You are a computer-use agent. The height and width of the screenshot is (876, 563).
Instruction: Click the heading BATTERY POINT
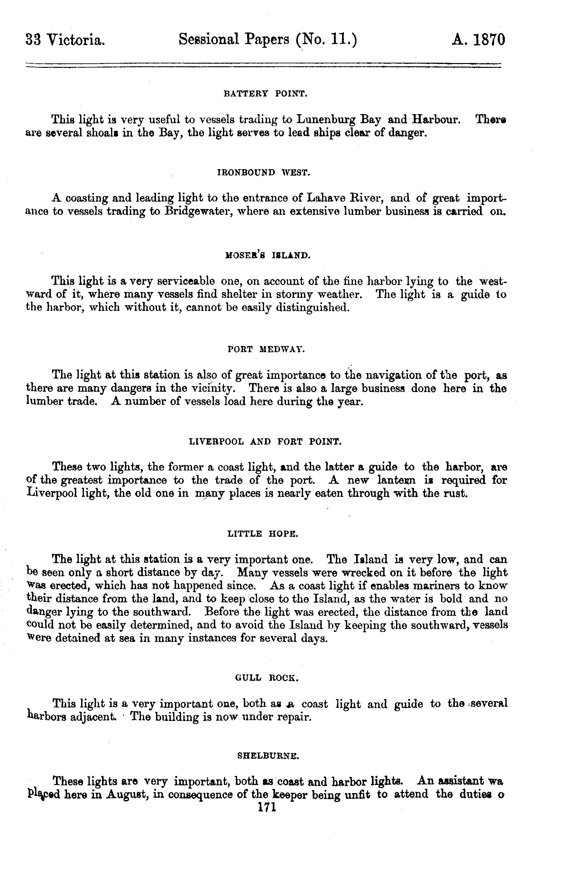click(x=265, y=94)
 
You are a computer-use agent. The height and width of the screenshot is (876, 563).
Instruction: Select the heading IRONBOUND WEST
click(x=263, y=172)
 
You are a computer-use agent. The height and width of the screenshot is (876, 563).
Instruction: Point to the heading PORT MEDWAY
click(x=266, y=349)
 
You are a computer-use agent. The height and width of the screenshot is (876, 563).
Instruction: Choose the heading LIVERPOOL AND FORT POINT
click(x=265, y=442)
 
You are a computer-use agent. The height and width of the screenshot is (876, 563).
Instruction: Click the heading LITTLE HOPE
click(x=263, y=534)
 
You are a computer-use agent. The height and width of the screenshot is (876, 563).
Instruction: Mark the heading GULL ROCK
click(x=267, y=678)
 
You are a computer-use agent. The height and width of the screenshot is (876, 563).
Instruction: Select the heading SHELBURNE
click(x=269, y=755)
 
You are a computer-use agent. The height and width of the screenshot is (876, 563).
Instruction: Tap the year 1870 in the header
click(x=490, y=40)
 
